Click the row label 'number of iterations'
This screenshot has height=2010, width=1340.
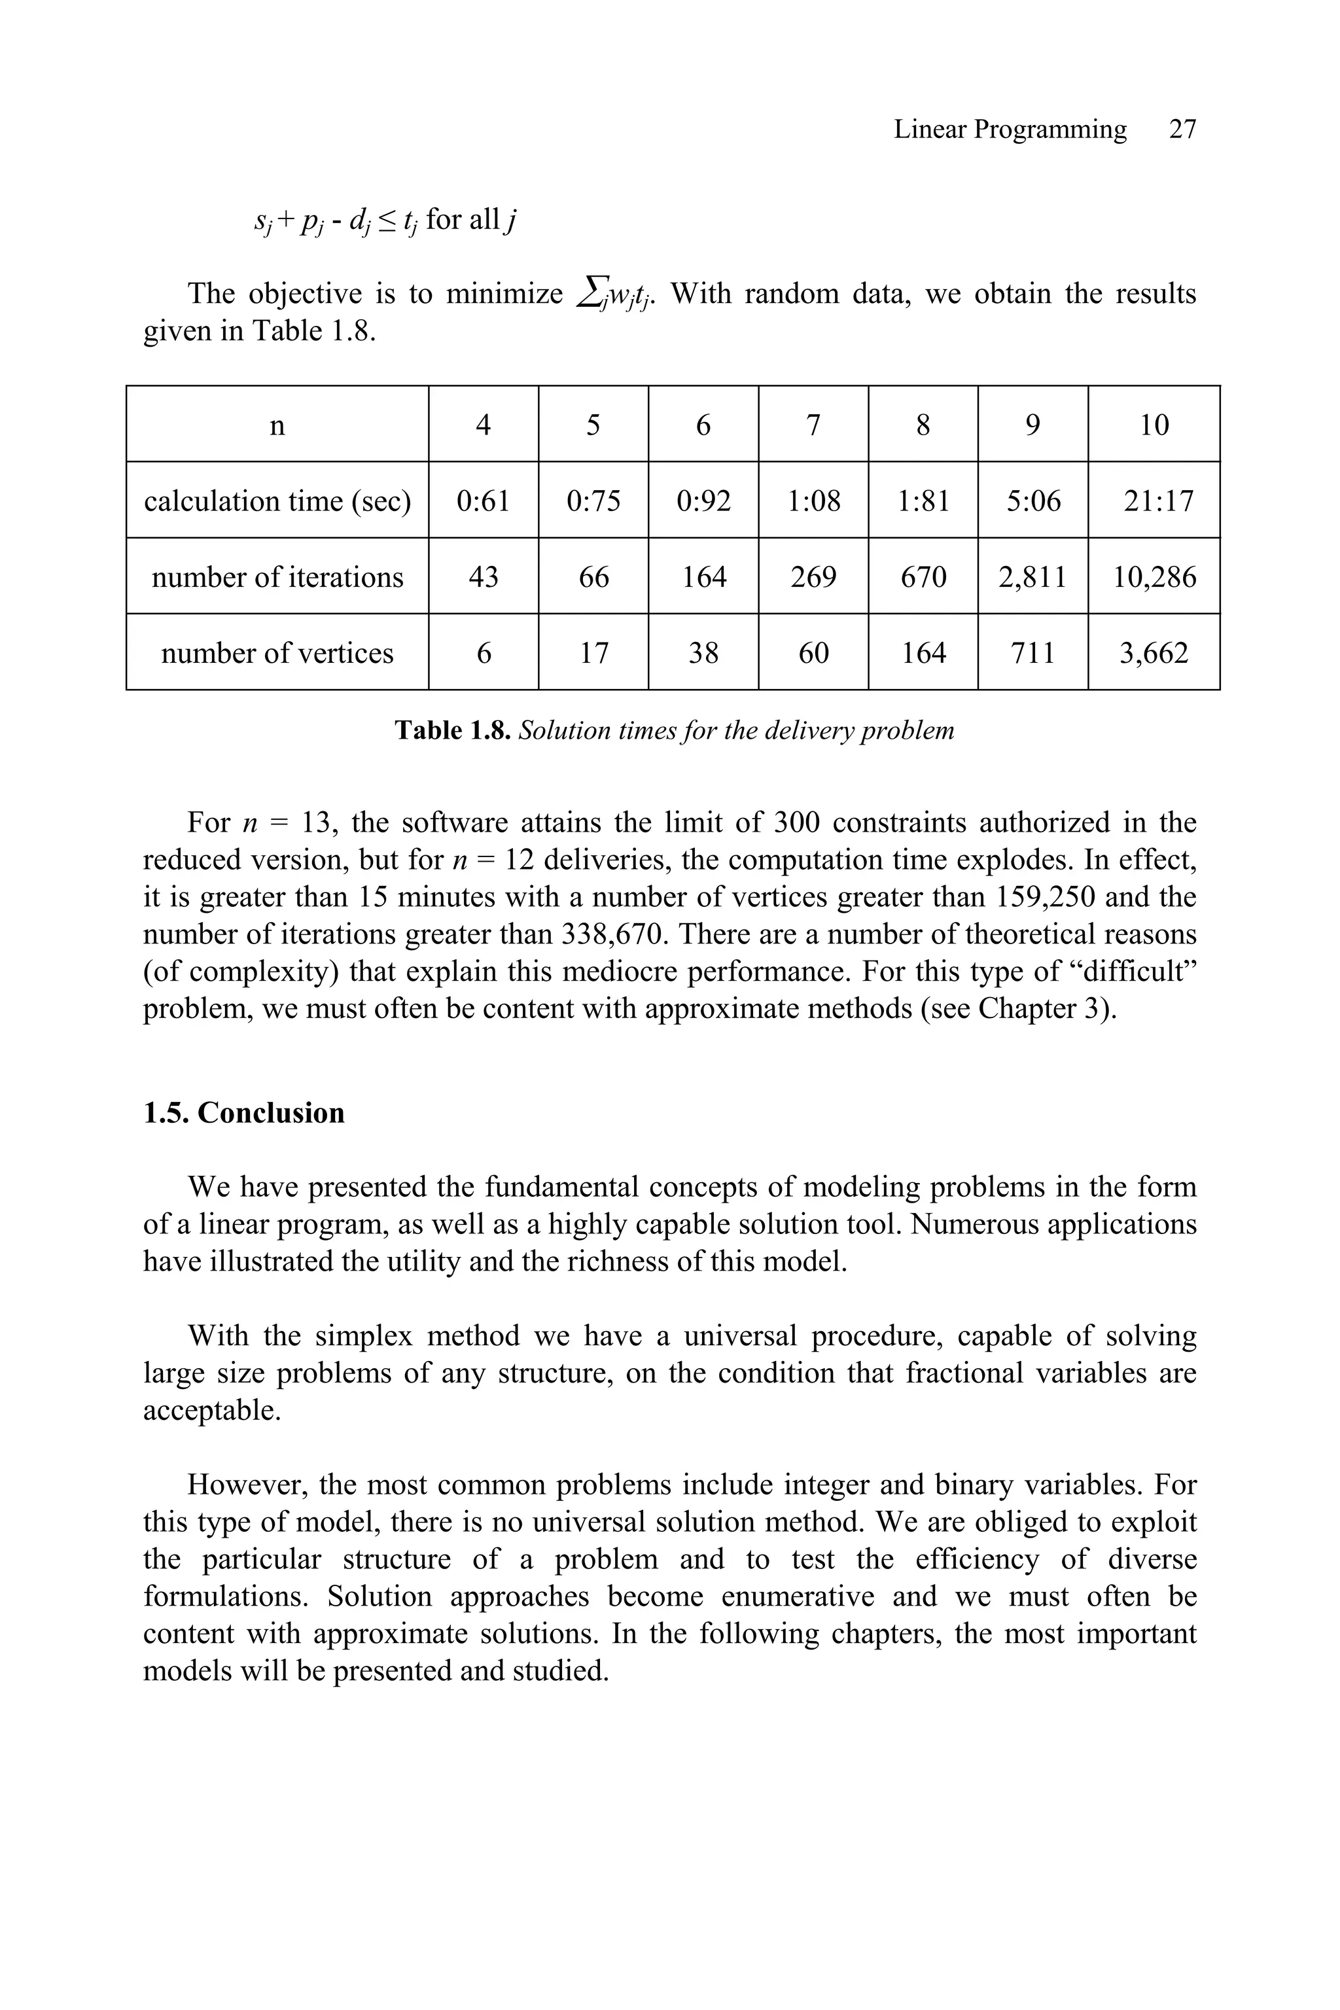[277, 577]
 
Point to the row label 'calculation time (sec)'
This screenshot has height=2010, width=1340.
[277, 501]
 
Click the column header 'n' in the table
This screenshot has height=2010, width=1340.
[277, 425]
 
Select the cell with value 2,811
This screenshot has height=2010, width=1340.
[1032, 577]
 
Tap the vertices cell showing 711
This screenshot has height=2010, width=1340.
[1032, 653]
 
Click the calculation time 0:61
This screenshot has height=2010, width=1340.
[483, 501]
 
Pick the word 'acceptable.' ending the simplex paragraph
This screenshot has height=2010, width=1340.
[212, 1410]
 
